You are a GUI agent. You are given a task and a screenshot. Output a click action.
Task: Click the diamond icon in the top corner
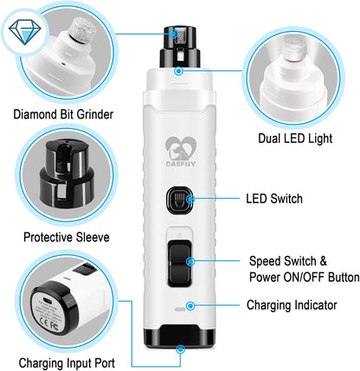tap(25, 31)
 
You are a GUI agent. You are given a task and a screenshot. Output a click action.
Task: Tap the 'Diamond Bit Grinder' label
tap(63, 114)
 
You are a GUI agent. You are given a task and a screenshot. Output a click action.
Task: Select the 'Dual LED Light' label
tap(295, 138)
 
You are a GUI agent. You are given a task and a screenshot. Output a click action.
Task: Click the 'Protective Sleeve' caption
tap(67, 237)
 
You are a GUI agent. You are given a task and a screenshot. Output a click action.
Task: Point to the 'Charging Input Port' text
tap(67, 362)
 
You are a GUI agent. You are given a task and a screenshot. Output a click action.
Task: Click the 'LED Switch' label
tap(274, 199)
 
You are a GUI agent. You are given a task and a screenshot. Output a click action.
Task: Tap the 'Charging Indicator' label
tap(292, 305)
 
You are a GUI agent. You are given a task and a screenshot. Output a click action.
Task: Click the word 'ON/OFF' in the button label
tap(304, 278)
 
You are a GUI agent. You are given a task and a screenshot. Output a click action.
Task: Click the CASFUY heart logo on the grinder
tap(181, 151)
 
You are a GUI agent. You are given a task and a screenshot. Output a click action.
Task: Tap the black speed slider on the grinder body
tap(179, 263)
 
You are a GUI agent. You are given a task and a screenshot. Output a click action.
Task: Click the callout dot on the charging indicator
tap(190, 306)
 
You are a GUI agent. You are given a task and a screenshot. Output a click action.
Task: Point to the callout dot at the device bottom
tap(181, 349)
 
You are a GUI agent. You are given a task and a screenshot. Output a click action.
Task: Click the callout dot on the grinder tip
tap(174, 34)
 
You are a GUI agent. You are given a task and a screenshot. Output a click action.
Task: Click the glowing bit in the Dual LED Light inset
tap(294, 49)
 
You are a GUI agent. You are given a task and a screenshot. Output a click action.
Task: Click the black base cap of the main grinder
tap(179, 336)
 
